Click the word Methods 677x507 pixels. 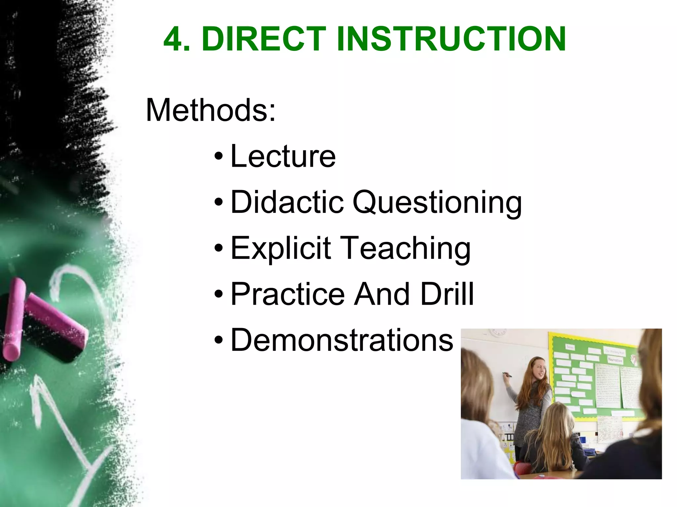coord(210,110)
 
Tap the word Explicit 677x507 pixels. coord(280,248)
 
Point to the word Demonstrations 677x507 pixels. coord(342,340)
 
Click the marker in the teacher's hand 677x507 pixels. coord(506,375)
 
